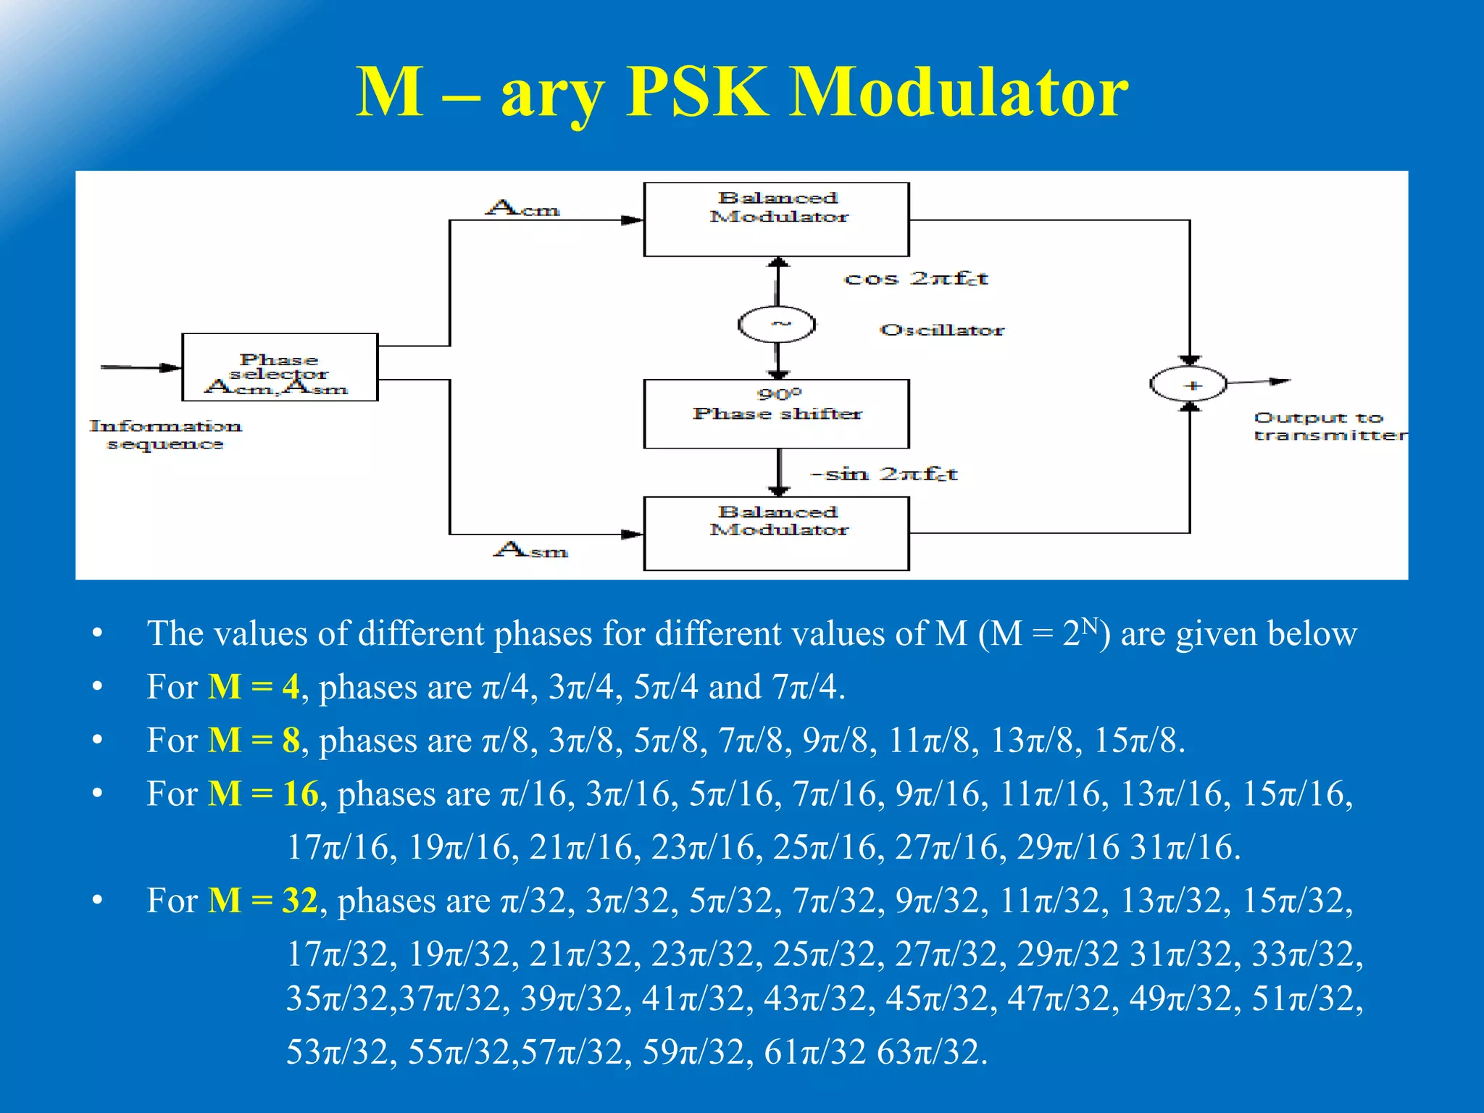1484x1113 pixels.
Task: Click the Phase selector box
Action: coord(280,367)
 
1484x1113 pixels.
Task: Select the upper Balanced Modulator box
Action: coord(776,220)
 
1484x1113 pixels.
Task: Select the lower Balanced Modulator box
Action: coord(776,534)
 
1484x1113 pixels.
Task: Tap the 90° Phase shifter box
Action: coord(776,414)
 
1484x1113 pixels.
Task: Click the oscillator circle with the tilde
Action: coord(777,325)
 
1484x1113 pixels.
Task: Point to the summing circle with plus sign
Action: coord(1188,384)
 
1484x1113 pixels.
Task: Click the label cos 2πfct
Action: coord(916,279)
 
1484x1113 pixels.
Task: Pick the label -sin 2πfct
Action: coord(884,475)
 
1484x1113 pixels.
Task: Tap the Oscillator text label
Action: coord(942,330)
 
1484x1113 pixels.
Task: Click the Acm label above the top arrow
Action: coord(522,209)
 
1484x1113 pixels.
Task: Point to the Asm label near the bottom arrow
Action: coord(530,550)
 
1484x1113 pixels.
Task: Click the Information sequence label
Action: coord(165,435)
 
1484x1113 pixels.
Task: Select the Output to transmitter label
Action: coord(1330,427)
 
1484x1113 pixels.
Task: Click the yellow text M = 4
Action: coord(254,687)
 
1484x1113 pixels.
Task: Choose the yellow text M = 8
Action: coord(254,741)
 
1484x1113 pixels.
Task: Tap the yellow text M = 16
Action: coord(263,794)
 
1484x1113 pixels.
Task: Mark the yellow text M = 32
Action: coord(263,901)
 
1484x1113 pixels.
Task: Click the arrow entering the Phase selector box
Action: coord(141,367)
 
